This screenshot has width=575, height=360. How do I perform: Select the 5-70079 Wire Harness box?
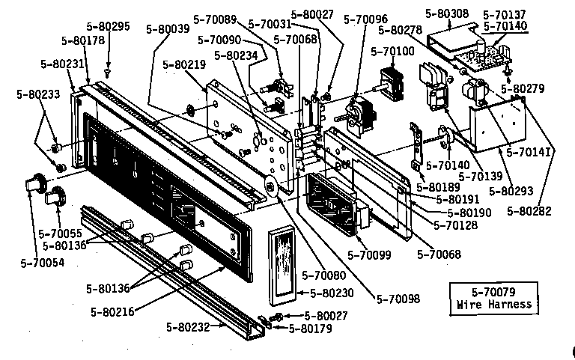point(494,297)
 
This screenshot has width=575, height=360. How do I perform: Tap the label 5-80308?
point(446,13)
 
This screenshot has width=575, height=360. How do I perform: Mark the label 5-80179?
point(308,328)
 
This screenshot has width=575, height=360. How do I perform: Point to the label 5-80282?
point(529,212)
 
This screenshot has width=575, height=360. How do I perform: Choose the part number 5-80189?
point(438,186)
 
